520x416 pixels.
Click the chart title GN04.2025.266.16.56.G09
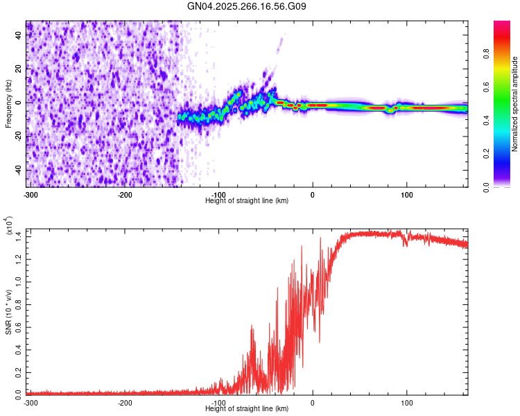247,7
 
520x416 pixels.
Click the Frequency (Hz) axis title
8,104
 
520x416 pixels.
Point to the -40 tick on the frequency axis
19,170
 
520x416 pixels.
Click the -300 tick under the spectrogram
31,193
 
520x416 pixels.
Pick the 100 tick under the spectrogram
406,193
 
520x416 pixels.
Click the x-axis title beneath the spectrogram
247,200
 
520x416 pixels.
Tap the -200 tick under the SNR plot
125,403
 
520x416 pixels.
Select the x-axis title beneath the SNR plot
247,410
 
